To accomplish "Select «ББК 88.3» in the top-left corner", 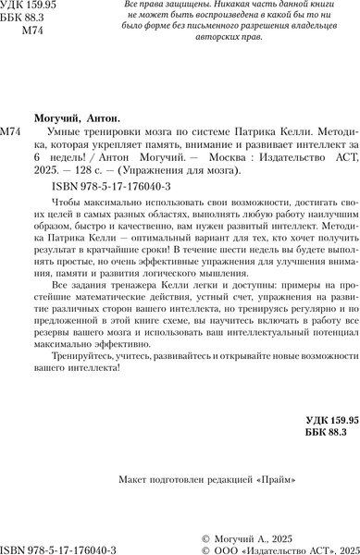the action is coord(31,20).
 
